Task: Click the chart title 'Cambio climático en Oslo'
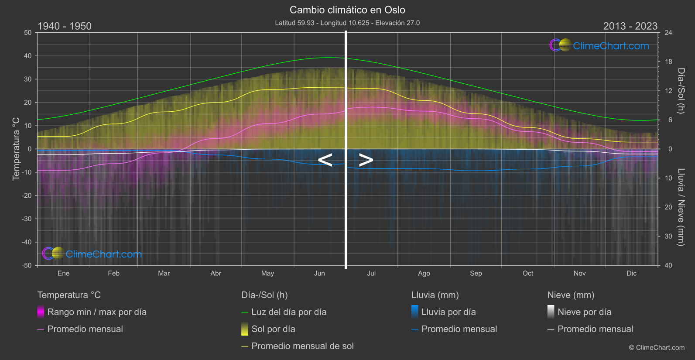(347, 10)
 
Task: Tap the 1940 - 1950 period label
(65, 26)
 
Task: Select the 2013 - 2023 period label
(630, 26)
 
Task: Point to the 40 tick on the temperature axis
(28, 56)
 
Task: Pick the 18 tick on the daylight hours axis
(668, 62)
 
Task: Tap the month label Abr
(216, 274)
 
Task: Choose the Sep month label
(476, 274)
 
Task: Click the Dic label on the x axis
(632, 274)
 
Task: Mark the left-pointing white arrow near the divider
(325, 160)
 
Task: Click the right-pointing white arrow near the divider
(366, 160)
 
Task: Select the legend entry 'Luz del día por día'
(289, 312)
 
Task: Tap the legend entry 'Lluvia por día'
(448, 312)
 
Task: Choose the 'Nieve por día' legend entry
(584, 312)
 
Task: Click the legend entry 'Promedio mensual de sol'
(302, 346)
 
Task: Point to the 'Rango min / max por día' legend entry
(97, 312)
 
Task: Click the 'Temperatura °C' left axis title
(16, 148)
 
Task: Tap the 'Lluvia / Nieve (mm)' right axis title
(681, 207)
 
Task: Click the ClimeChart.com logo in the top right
(599, 45)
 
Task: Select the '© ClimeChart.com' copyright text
(657, 348)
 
